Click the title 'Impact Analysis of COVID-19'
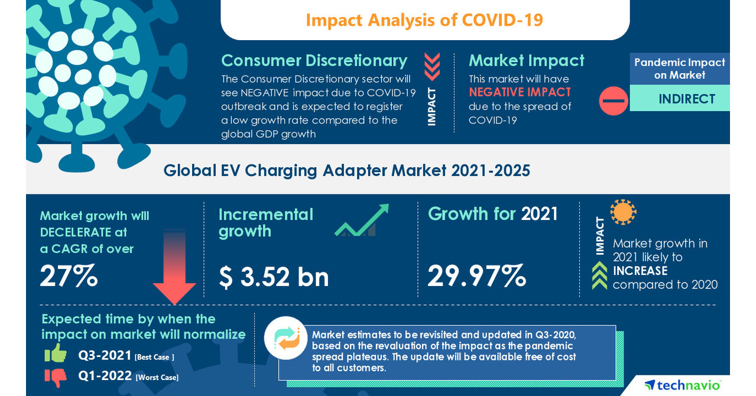[424, 20]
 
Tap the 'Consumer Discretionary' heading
[314, 60]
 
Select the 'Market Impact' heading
[526, 60]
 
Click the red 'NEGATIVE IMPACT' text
[520, 92]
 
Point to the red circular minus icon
[614, 100]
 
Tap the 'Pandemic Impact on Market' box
[679, 69]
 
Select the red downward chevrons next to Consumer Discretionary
[432, 66]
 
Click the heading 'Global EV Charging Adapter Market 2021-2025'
[346, 170]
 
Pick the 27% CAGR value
[69, 276]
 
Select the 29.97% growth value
[476, 275]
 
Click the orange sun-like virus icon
[623, 212]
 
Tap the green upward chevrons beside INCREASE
[599, 275]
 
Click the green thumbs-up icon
[56, 353]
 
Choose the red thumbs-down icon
[56, 376]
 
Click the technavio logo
[682, 385]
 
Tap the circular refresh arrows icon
[285, 338]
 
